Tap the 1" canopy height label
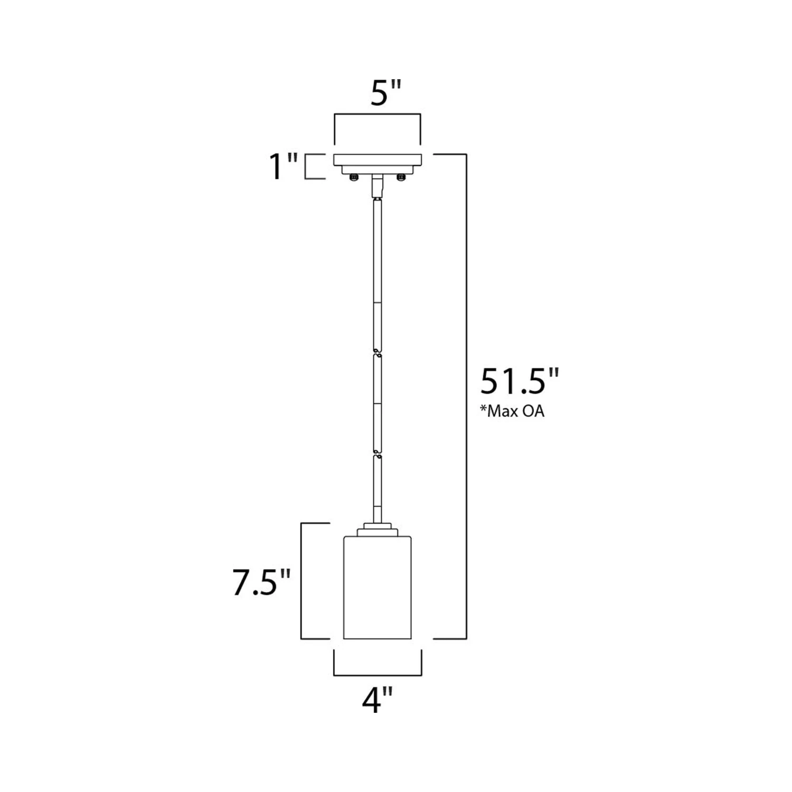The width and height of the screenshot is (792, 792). [284, 166]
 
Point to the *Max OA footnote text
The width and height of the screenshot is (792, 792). [512, 411]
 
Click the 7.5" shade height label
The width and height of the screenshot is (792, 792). [262, 583]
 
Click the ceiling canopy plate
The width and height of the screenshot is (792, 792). [377, 159]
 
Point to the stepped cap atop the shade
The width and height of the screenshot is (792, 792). [377, 529]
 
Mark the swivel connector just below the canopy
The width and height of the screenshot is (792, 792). [377, 186]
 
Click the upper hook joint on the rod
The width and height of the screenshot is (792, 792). [377, 351]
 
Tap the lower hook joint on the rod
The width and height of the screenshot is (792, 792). [377, 453]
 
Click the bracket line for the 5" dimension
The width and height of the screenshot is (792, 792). [377, 114]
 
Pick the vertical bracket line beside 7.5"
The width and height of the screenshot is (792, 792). [301, 581]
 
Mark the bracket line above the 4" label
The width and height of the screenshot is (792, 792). [377, 675]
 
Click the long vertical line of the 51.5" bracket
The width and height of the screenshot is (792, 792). [466, 396]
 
